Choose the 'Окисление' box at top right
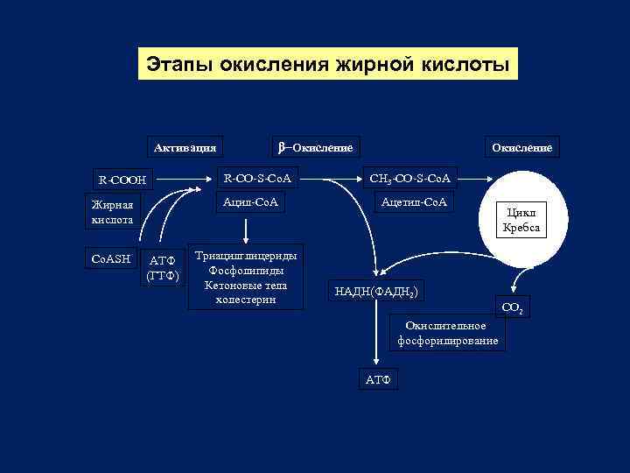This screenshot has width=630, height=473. click(x=521, y=146)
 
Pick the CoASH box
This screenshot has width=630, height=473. click(x=111, y=258)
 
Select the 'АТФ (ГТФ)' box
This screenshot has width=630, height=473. click(x=162, y=267)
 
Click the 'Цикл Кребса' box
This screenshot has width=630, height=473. click(x=521, y=220)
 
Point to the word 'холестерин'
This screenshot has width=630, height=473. click(x=245, y=300)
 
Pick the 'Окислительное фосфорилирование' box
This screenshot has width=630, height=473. click(x=447, y=333)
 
